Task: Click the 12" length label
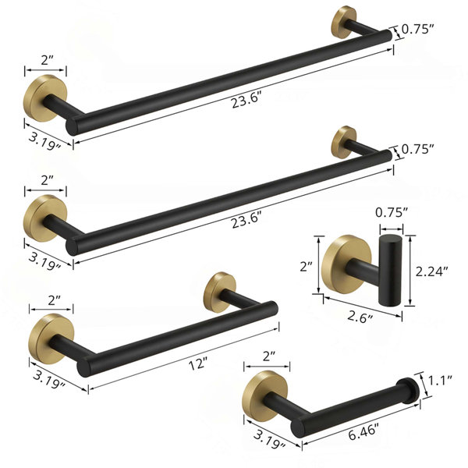click(198, 363)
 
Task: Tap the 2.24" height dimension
click(432, 271)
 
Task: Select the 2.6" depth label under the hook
click(360, 317)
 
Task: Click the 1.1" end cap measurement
click(440, 381)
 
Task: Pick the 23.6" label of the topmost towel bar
click(246, 100)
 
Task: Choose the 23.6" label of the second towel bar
click(246, 220)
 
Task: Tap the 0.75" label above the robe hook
click(392, 212)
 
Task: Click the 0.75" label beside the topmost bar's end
click(417, 29)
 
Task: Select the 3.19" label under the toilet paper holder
click(269, 439)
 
